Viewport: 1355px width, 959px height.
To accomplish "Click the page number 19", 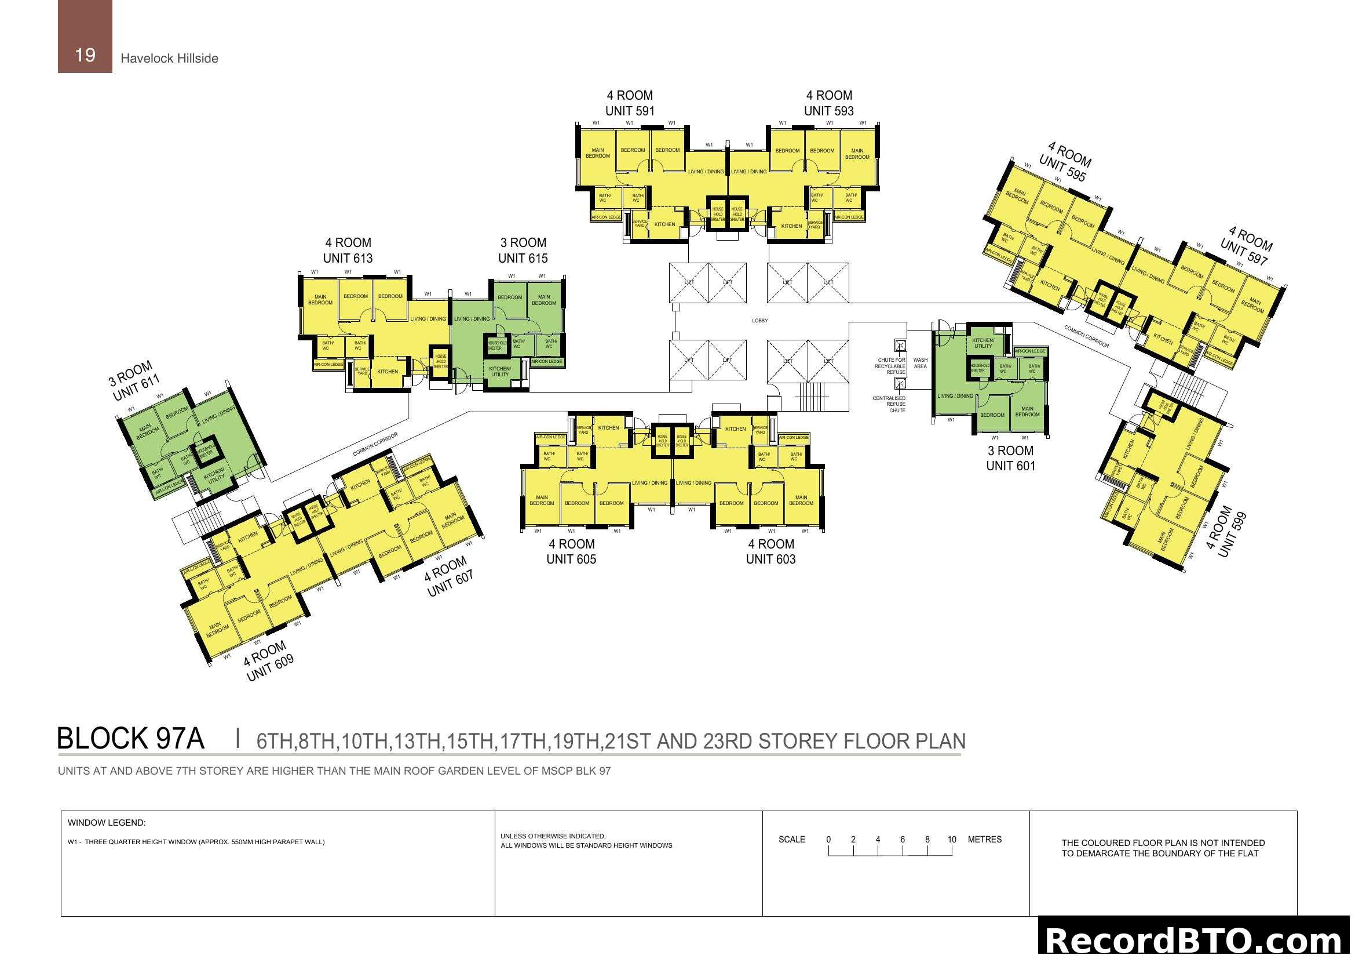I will [x=85, y=55].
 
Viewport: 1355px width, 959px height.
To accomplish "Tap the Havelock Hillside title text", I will [x=169, y=59].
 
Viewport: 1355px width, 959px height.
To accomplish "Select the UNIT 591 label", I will [x=630, y=111].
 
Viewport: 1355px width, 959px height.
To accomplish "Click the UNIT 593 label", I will [x=828, y=111].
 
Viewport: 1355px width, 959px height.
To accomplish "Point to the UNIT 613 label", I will [x=348, y=258].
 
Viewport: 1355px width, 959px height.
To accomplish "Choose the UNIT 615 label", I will [x=523, y=258].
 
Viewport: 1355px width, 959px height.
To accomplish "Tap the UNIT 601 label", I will [x=1010, y=466].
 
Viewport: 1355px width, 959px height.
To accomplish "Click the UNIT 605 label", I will [x=571, y=559].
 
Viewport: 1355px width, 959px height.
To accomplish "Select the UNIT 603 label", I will [x=770, y=559].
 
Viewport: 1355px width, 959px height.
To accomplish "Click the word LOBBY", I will [x=759, y=321].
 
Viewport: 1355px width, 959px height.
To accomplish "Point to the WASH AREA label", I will [x=920, y=363].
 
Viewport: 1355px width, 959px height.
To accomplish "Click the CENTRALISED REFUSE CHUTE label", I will [x=889, y=405].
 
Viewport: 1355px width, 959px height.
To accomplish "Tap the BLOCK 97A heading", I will [x=130, y=739].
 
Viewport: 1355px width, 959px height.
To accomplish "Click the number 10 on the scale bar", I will [x=951, y=840].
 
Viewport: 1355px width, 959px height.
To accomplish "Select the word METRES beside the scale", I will [x=984, y=840].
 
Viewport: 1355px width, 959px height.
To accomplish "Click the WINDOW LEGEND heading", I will [x=106, y=823].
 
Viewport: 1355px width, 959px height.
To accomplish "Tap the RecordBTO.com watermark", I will [x=1195, y=940].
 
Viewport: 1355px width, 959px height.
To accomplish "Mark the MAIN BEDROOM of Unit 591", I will [x=597, y=154].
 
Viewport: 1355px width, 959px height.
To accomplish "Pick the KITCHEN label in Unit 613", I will [x=388, y=372].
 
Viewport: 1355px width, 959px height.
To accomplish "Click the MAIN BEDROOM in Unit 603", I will [x=801, y=500].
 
